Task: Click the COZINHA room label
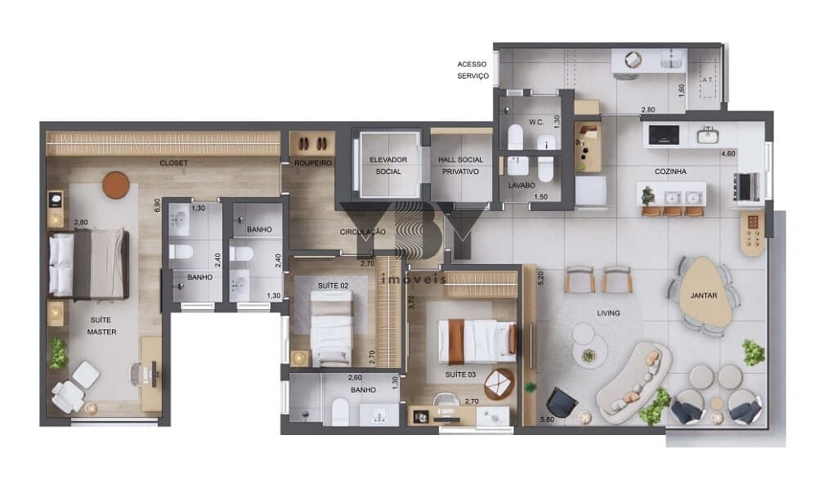coord(670,172)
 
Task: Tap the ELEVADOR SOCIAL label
coord(388,165)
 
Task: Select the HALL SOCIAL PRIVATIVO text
coord(460,165)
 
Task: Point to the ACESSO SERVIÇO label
coord(472,69)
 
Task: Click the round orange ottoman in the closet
coord(115,186)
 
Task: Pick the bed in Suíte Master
coord(89,263)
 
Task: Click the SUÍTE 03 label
coord(460,374)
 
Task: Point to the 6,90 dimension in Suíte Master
coord(157,205)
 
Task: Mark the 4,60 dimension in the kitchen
coord(727,154)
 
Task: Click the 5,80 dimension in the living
coord(547,419)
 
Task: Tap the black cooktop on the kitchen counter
coord(664,134)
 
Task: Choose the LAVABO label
coord(521,186)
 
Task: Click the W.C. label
coord(536,122)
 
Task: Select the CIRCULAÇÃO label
coord(363,232)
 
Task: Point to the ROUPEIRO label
coord(313,164)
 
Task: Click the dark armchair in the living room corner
coord(562,402)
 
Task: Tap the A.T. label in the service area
coord(707,79)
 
